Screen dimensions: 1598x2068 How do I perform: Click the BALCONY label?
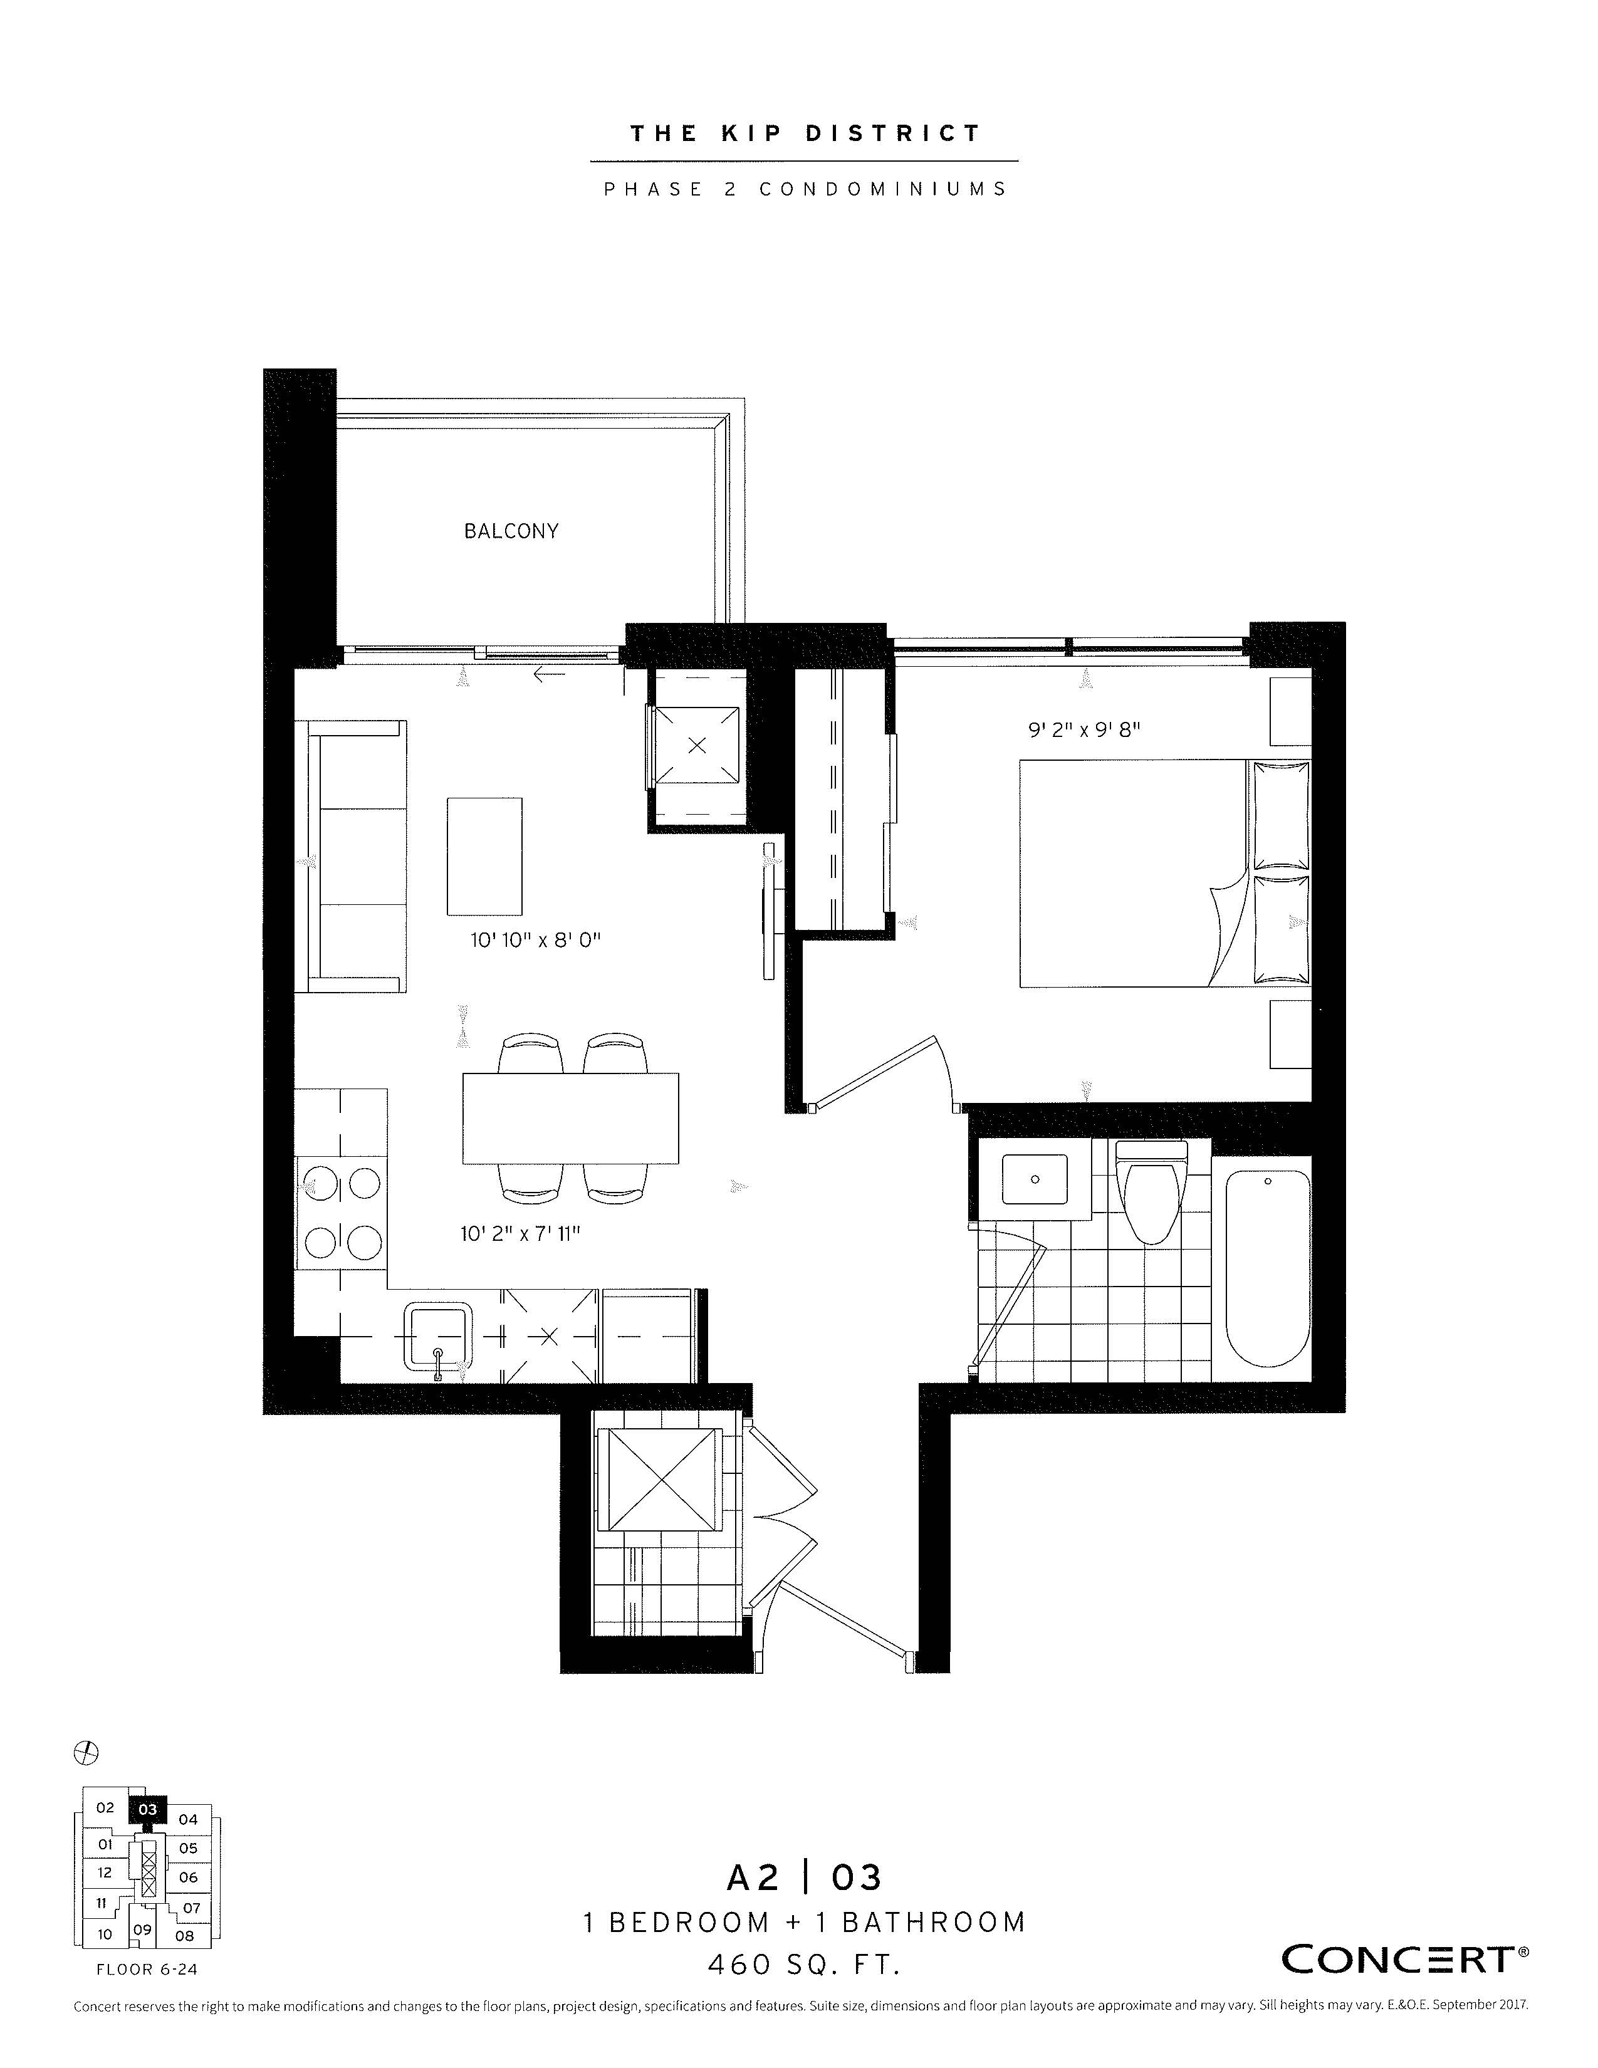pyautogui.click(x=511, y=531)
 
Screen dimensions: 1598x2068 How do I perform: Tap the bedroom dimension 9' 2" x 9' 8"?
pyautogui.click(x=1085, y=730)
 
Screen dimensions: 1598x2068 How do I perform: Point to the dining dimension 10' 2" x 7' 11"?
pyautogui.click(x=520, y=1234)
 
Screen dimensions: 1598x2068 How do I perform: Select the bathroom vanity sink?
pyautogui.click(x=1035, y=1179)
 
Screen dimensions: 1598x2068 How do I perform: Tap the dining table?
pyautogui.click(x=571, y=1117)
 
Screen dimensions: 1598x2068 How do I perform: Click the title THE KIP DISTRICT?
pyautogui.click(x=806, y=133)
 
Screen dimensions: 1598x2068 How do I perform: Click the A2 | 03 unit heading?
pyautogui.click(x=804, y=1877)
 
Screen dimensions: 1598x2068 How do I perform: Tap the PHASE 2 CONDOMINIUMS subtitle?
pyautogui.click(x=806, y=189)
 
